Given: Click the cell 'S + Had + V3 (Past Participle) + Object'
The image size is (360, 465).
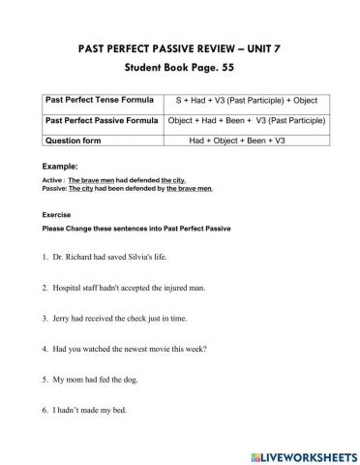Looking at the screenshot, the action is [x=246, y=101].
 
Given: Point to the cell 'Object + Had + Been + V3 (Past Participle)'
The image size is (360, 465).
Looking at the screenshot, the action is [x=246, y=120].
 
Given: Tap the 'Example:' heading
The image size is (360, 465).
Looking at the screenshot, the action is [x=60, y=167].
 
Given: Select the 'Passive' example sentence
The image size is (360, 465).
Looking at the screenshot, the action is [x=127, y=188].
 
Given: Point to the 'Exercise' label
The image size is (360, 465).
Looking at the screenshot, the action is [x=57, y=214].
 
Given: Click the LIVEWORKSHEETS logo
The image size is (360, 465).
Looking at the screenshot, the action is [x=301, y=453].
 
